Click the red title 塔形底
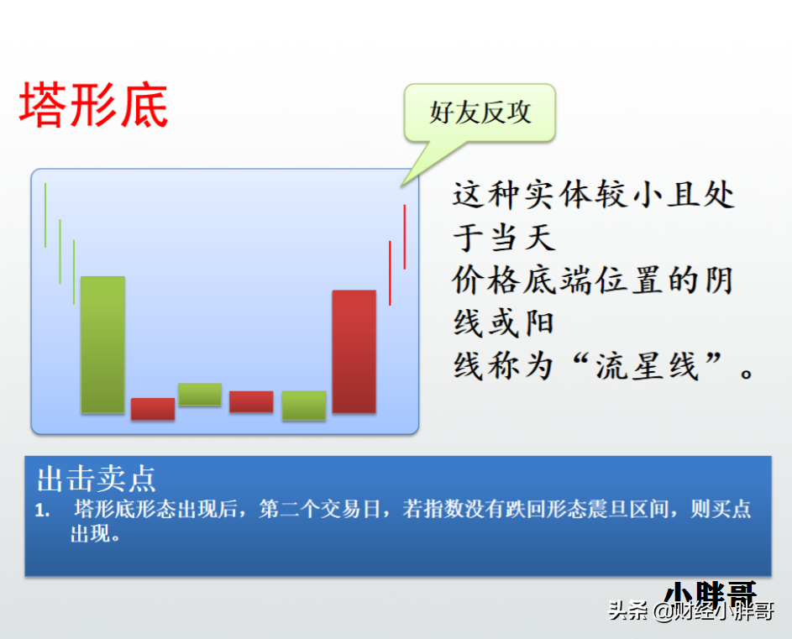pyautogui.click(x=93, y=105)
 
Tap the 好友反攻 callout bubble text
pyautogui.click(x=480, y=113)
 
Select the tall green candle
pyautogui.click(x=102, y=344)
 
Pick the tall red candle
pyautogui.click(x=354, y=352)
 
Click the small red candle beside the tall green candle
pyautogui.click(x=153, y=409)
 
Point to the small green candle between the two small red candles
pyautogui.click(x=200, y=394)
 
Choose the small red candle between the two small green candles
pyautogui.click(x=251, y=401)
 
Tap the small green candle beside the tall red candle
pyautogui.click(x=303, y=406)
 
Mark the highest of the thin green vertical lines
pyautogui.click(x=45, y=215)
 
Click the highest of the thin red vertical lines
pyautogui.click(x=405, y=237)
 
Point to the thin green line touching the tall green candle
pyautogui.click(x=74, y=272)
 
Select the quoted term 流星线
pyautogui.click(x=647, y=366)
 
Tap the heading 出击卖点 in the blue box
pyautogui.click(x=96, y=479)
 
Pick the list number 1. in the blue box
pyautogui.click(x=43, y=511)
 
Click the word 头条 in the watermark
pyautogui.click(x=628, y=610)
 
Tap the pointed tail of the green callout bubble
pyautogui.click(x=401, y=186)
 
